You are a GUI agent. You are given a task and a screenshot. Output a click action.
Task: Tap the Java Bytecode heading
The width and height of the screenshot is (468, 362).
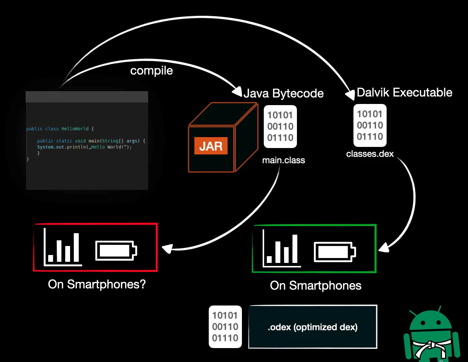pos(284,94)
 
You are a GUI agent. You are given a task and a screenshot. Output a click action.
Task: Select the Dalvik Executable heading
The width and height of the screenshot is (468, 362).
pos(404,93)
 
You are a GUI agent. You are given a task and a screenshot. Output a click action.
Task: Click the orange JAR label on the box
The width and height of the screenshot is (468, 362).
pos(211,146)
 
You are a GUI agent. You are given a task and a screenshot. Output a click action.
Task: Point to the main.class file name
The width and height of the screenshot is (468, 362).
pos(283,160)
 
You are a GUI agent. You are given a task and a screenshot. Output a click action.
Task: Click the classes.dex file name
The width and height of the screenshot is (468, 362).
pos(370,154)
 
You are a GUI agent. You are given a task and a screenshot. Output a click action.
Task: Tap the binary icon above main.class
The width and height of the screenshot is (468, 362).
pos(280,127)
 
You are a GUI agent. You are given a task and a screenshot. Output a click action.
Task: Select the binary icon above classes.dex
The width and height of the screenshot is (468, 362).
pos(370,125)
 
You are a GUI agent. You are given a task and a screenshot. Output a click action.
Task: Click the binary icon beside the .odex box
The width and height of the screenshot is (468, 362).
pos(225,327)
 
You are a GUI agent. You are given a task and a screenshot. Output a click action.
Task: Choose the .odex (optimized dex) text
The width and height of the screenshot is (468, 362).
pos(312,327)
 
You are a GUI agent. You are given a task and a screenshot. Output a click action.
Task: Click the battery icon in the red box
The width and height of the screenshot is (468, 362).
pos(116,251)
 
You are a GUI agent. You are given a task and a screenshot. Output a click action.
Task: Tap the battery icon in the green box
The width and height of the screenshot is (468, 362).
pos(335,252)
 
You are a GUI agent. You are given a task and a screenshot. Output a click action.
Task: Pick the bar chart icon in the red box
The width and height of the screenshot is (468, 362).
pos(63,247)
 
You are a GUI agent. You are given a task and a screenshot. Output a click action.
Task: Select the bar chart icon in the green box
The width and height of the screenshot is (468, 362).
pos(282,248)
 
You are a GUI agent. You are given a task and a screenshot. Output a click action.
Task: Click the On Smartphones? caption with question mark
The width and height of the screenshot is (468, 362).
pos(97,284)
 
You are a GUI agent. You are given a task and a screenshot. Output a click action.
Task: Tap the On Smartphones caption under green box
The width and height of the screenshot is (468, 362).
pos(315,286)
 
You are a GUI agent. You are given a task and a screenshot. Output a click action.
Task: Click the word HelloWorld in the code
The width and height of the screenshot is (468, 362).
pos(75,129)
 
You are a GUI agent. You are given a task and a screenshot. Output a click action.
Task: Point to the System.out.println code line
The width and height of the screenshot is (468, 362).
pos(84,147)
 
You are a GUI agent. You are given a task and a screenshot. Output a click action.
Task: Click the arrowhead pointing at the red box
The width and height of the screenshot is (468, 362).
pos(167,249)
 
